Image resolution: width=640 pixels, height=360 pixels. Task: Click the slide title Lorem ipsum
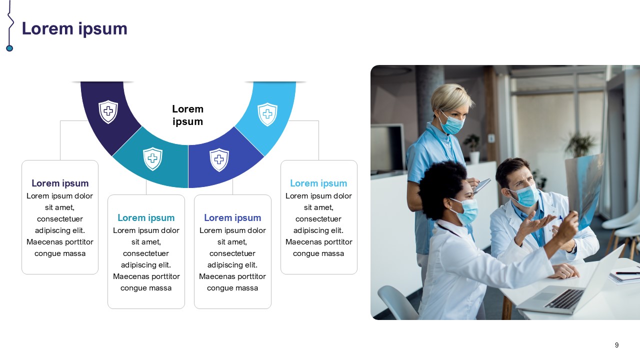(x=74, y=29)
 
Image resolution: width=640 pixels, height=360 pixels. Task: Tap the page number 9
(x=616, y=345)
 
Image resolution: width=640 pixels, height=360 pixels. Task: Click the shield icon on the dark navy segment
(x=108, y=111)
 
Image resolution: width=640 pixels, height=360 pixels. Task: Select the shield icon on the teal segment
(x=152, y=159)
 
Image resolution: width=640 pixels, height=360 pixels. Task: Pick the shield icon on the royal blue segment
(x=219, y=159)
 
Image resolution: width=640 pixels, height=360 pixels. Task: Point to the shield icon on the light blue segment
(x=267, y=114)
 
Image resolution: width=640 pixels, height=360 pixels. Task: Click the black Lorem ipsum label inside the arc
(x=187, y=115)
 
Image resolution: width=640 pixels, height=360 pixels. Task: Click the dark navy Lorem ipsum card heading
(x=60, y=183)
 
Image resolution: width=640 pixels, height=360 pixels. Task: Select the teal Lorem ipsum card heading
(x=146, y=217)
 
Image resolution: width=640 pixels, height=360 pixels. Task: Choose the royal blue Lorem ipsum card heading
(x=232, y=217)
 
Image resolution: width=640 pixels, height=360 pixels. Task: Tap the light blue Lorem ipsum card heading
(x=318, y=183)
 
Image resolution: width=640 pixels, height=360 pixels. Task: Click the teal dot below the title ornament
(x=9, y=48)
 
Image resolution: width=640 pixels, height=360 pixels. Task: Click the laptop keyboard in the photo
(x=564, y=298)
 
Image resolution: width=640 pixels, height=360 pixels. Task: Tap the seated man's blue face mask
(x=525, y=195)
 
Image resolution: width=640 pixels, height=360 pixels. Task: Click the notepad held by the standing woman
(x=482, y=185)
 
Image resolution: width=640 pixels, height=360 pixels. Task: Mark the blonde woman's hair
(x=451, y=97)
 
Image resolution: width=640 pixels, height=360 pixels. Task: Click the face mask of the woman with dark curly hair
(x=465, y=211)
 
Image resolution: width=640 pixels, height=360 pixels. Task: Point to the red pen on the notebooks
(x=627, y=273)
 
